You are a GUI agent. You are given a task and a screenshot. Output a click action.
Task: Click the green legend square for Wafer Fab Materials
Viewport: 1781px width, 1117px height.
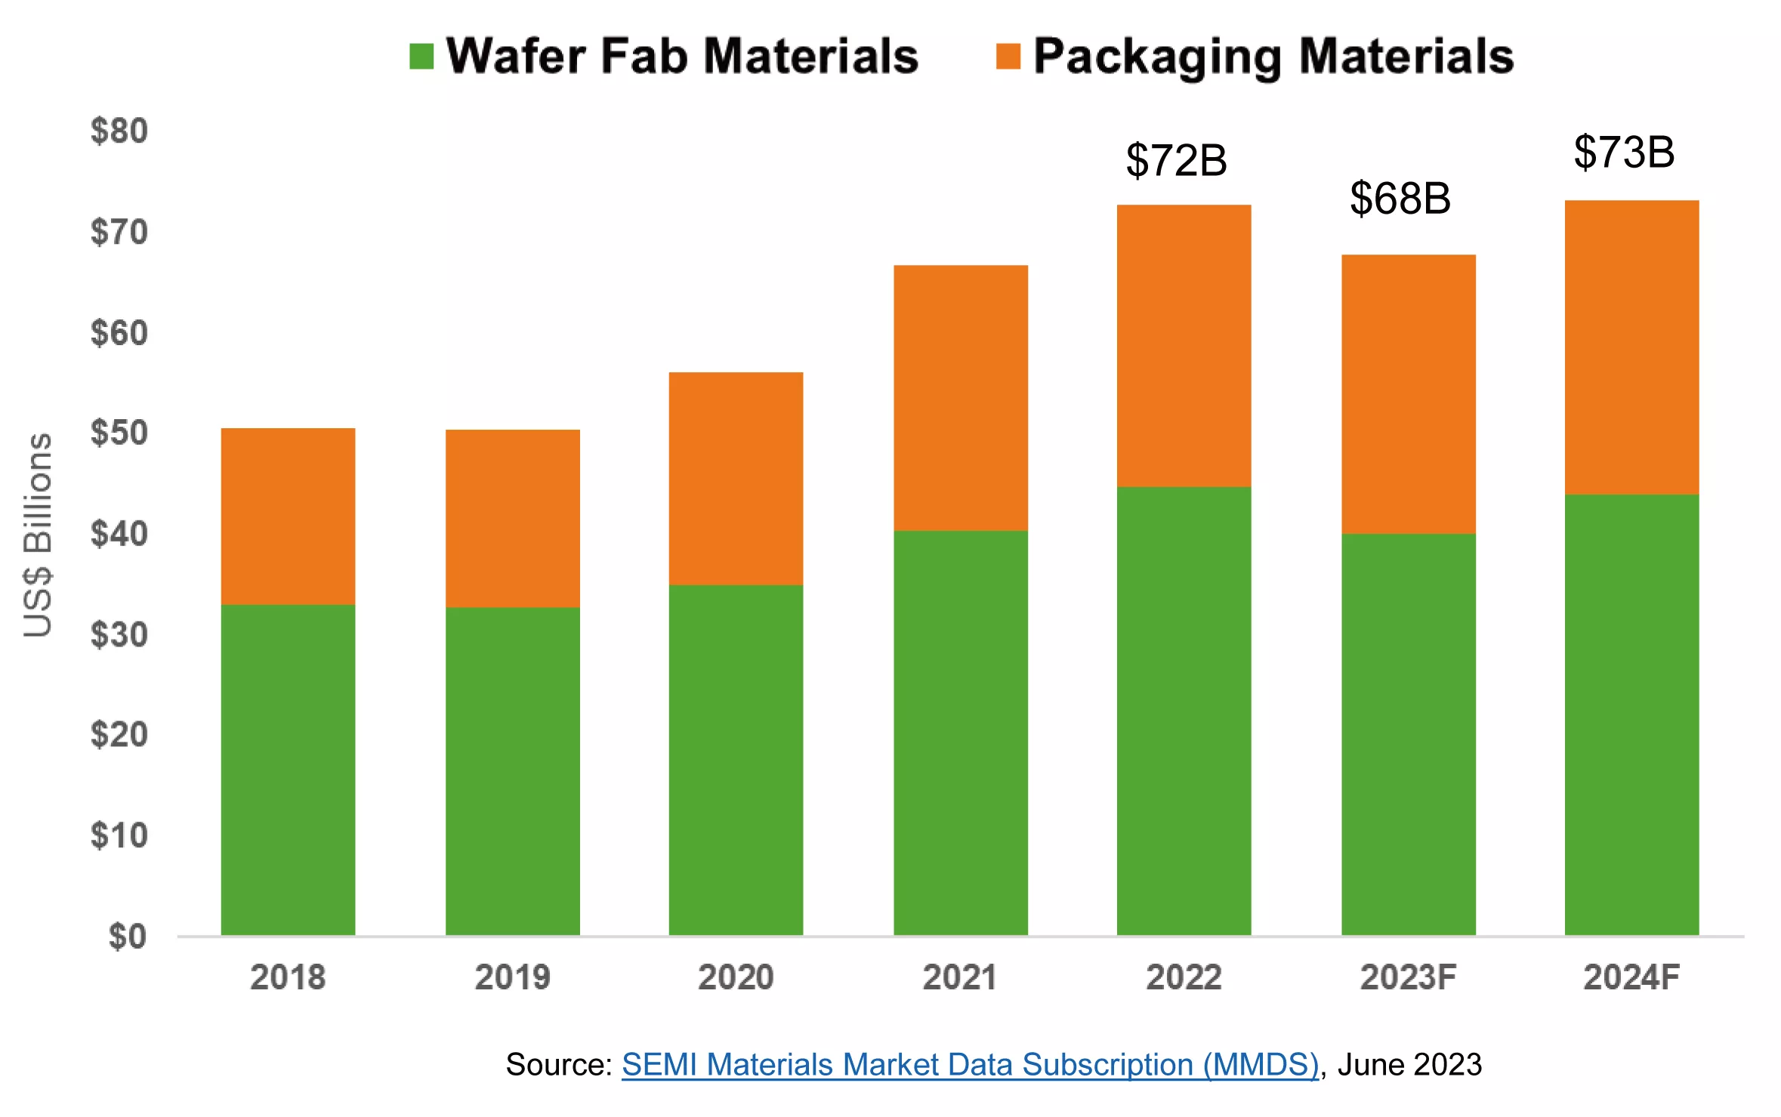pyautogui.click(x=421, y=57)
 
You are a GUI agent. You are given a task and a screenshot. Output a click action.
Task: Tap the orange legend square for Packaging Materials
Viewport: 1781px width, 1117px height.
pyautogui.click(x=1008, y=57)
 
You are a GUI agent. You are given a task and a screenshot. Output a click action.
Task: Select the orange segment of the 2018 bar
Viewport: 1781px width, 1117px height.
pyautogui.click(x=288, y=517)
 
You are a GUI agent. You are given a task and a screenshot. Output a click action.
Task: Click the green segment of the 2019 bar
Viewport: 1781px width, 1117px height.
pyautogui.click(x=513, y=771)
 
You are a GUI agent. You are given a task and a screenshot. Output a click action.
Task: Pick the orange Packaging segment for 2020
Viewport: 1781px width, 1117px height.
pyautogui.click(x=736, y=479)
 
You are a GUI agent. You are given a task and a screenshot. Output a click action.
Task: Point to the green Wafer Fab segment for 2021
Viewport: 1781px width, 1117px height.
pyautogui.click(x=961, y=733)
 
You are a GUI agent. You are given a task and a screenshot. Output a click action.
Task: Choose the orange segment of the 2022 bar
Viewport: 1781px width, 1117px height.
pyautogui.click(x=1184, y=346)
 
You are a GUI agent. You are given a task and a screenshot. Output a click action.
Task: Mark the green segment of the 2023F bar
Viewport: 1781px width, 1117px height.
pyautogui.click(x=1409, y=735)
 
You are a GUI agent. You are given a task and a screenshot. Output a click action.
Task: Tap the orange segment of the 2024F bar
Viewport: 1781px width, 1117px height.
pyautogui.click(x=1632, y=347)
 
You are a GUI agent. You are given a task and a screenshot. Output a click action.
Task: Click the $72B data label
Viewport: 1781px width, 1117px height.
pyautogui.click(x=1177, y=160)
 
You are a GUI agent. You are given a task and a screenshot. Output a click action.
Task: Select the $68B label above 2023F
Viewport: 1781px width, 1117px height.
pyautogui.click(x=1400, y=199)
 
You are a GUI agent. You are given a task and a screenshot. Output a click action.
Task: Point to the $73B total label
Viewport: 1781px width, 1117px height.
pyautogui.click(x=1625, y=152)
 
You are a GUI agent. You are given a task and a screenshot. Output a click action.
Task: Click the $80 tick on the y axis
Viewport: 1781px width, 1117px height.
pyautogui.click(x=119, y=131)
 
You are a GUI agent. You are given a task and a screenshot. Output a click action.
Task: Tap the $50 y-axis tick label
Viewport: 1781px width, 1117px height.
pyautogui.click(x=119, y=433)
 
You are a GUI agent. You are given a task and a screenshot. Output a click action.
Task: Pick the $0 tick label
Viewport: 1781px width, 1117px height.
pyautogui.click(x=128, y=936)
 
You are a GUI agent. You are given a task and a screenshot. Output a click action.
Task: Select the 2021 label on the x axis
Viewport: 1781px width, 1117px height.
pyautogui.click(x=960, y=977)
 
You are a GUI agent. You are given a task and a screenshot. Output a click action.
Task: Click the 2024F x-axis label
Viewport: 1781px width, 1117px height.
pyautogui.click(x=1631, y=977)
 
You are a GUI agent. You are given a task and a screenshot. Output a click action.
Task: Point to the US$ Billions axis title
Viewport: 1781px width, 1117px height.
pyautogui.click(x=38, y=535)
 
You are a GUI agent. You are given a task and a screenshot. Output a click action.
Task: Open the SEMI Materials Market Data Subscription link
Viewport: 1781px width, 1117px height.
pyautogui.click(x=970, y=1064)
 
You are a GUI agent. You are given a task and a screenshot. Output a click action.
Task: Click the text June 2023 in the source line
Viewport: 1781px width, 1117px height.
pyautogui.click(x=1409, y=1064)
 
